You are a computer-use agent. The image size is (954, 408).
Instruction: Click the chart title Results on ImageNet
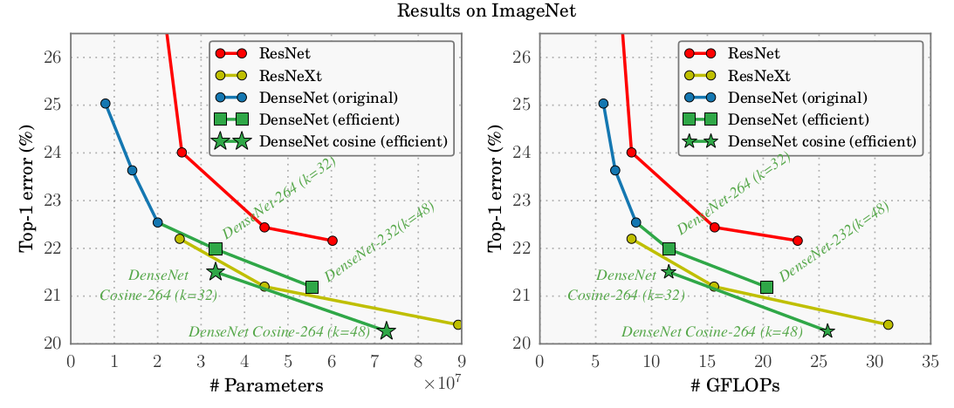tap(477, 11)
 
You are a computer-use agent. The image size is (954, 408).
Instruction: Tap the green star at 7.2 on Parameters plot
tap(386, 331)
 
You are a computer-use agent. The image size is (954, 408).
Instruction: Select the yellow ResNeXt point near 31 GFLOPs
tap(888, 324)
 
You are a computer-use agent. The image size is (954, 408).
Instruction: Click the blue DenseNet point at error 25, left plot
tap(106, 104)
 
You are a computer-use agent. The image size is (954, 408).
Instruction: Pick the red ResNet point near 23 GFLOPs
tap(797, 241)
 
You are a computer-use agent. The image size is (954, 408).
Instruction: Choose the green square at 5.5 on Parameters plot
tap(312, 287)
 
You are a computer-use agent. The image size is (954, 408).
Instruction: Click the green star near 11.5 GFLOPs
tap(669, 272)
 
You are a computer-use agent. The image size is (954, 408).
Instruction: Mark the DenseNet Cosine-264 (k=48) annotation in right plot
tap(711, 331)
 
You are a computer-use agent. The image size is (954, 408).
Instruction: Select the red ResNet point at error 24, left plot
tap(182, 153)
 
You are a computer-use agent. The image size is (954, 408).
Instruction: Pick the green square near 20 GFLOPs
tap(766, 287)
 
